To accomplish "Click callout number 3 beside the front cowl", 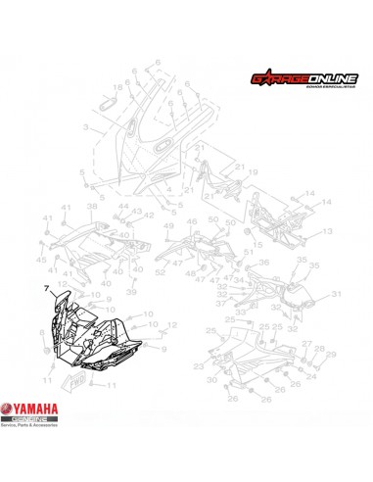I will tap(85, 127).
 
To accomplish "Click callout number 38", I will tap(92, 208).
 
